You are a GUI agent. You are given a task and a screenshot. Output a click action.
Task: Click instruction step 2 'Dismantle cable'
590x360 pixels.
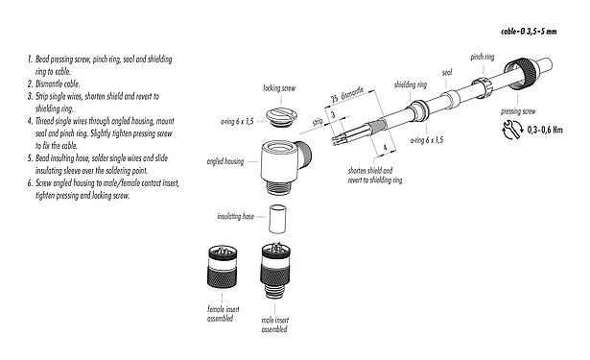tap(57, 84)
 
